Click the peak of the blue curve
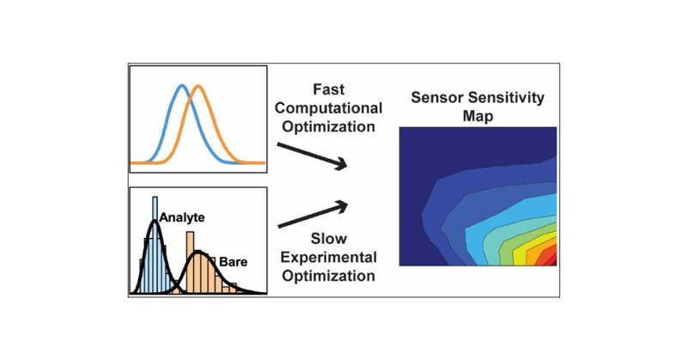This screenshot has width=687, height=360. tap(182, 86)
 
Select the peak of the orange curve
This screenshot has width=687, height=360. tap(199, 86)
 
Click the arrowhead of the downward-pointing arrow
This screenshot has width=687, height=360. tap(344, 163)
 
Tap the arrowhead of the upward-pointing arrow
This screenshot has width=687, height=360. tap(344, 204)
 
